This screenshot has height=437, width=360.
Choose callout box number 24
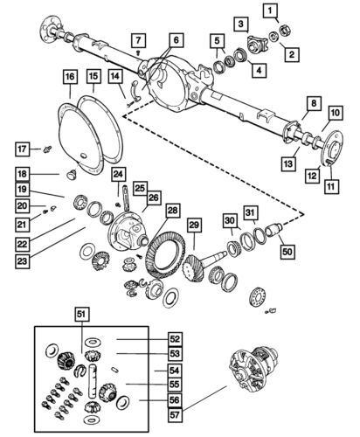[118, 175]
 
